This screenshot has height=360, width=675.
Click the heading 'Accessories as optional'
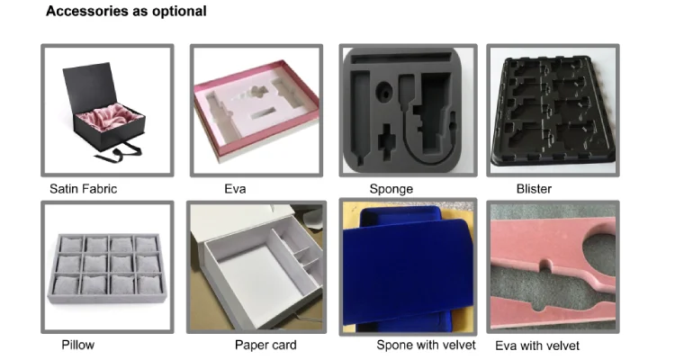[126, 12]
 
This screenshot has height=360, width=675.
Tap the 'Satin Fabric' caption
[83, 189]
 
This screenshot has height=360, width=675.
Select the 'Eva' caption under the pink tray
[235, 189]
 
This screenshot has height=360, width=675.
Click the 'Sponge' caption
[391, 189]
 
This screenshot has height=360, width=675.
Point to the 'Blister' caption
[534, 189]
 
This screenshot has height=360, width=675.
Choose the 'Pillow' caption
[77, 345]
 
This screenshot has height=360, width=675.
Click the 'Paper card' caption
[265, 345]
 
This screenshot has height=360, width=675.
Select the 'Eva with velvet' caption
[537, 346]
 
